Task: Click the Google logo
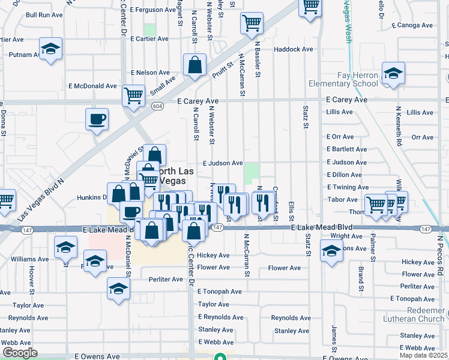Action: [x=20, y=353]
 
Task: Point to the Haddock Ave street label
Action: [x=294, y=49]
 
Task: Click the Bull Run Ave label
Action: [x=40, y=14]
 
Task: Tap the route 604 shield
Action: [x=157, y=106]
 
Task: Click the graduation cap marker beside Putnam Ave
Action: [x=51, y=49]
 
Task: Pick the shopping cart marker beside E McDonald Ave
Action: [x=133, y=95]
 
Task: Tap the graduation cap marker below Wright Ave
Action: [x=331, y=251]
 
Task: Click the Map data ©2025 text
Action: [x=423, y=355]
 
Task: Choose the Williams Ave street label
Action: [x=29, y=259]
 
